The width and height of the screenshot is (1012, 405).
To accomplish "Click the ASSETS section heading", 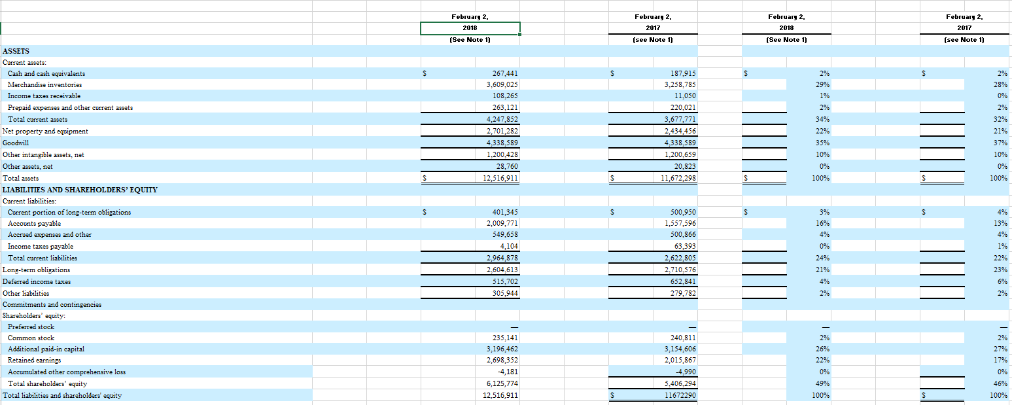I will point(16,50).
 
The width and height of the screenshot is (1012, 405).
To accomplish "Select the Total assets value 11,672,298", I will point(678,177).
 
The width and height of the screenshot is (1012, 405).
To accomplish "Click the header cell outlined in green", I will point(470,28).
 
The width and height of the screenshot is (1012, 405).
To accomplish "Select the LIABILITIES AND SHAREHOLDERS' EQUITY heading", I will point(80,190).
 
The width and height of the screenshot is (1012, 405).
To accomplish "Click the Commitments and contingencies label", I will point(52,304).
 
